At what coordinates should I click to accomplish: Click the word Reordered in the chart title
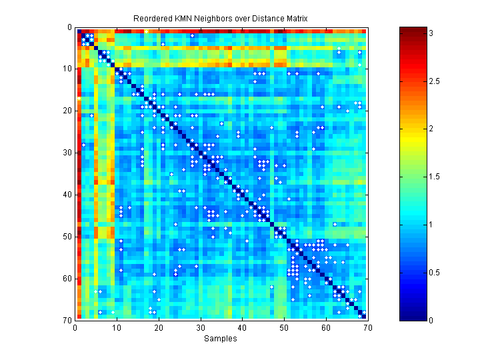153,17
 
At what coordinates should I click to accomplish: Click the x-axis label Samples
221,339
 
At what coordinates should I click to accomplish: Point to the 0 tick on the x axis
75,327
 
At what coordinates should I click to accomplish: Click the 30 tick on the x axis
200,327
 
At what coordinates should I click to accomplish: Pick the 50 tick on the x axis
284,327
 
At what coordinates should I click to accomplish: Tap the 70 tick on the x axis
367,327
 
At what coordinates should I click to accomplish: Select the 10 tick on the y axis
67,69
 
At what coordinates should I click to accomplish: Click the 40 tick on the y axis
67,195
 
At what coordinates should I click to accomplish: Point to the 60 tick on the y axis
67,278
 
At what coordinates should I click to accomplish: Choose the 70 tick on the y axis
67,320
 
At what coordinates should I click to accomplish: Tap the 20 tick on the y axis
67,111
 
